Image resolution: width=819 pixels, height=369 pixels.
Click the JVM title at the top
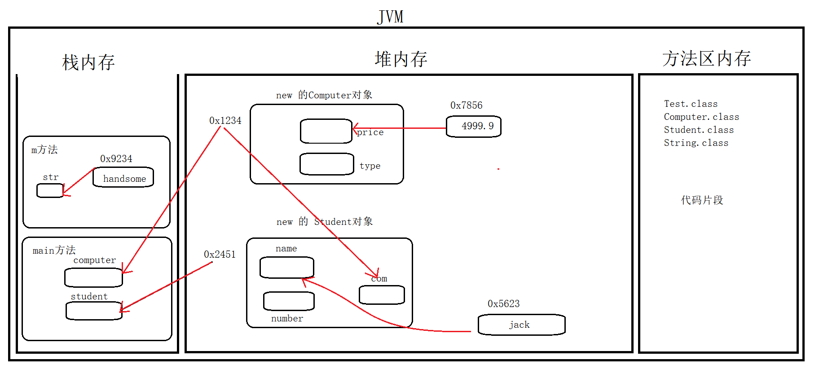[390, 17]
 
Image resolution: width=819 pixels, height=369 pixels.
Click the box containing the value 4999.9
[473, 127]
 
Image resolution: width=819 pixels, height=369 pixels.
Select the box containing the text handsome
[123, 178]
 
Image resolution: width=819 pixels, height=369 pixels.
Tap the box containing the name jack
[521, 325]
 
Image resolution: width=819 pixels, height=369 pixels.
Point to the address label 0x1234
[225, 121]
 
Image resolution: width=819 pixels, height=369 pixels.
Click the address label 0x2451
[220, 255]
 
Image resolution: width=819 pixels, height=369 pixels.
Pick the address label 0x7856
[466, 105]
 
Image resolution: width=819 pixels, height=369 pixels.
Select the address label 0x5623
[503, 304]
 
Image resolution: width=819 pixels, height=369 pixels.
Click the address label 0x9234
[116, 159]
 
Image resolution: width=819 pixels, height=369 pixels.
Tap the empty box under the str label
[50, 191]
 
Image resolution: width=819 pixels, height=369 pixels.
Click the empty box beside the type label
[326, 164]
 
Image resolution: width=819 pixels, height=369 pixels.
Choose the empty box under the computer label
[93, 278]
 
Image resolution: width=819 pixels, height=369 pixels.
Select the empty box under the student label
[94, 311]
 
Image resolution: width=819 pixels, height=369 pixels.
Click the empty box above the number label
[289, 301]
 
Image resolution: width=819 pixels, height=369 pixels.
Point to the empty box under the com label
[382, 295]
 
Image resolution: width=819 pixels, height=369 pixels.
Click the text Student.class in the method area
[699, 130]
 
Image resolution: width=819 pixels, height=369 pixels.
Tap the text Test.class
[691, 104]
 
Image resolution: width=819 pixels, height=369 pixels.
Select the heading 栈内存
[88, 62]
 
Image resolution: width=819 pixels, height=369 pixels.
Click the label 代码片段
[702, 200]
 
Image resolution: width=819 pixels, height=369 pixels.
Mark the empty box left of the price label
[326, 131]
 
